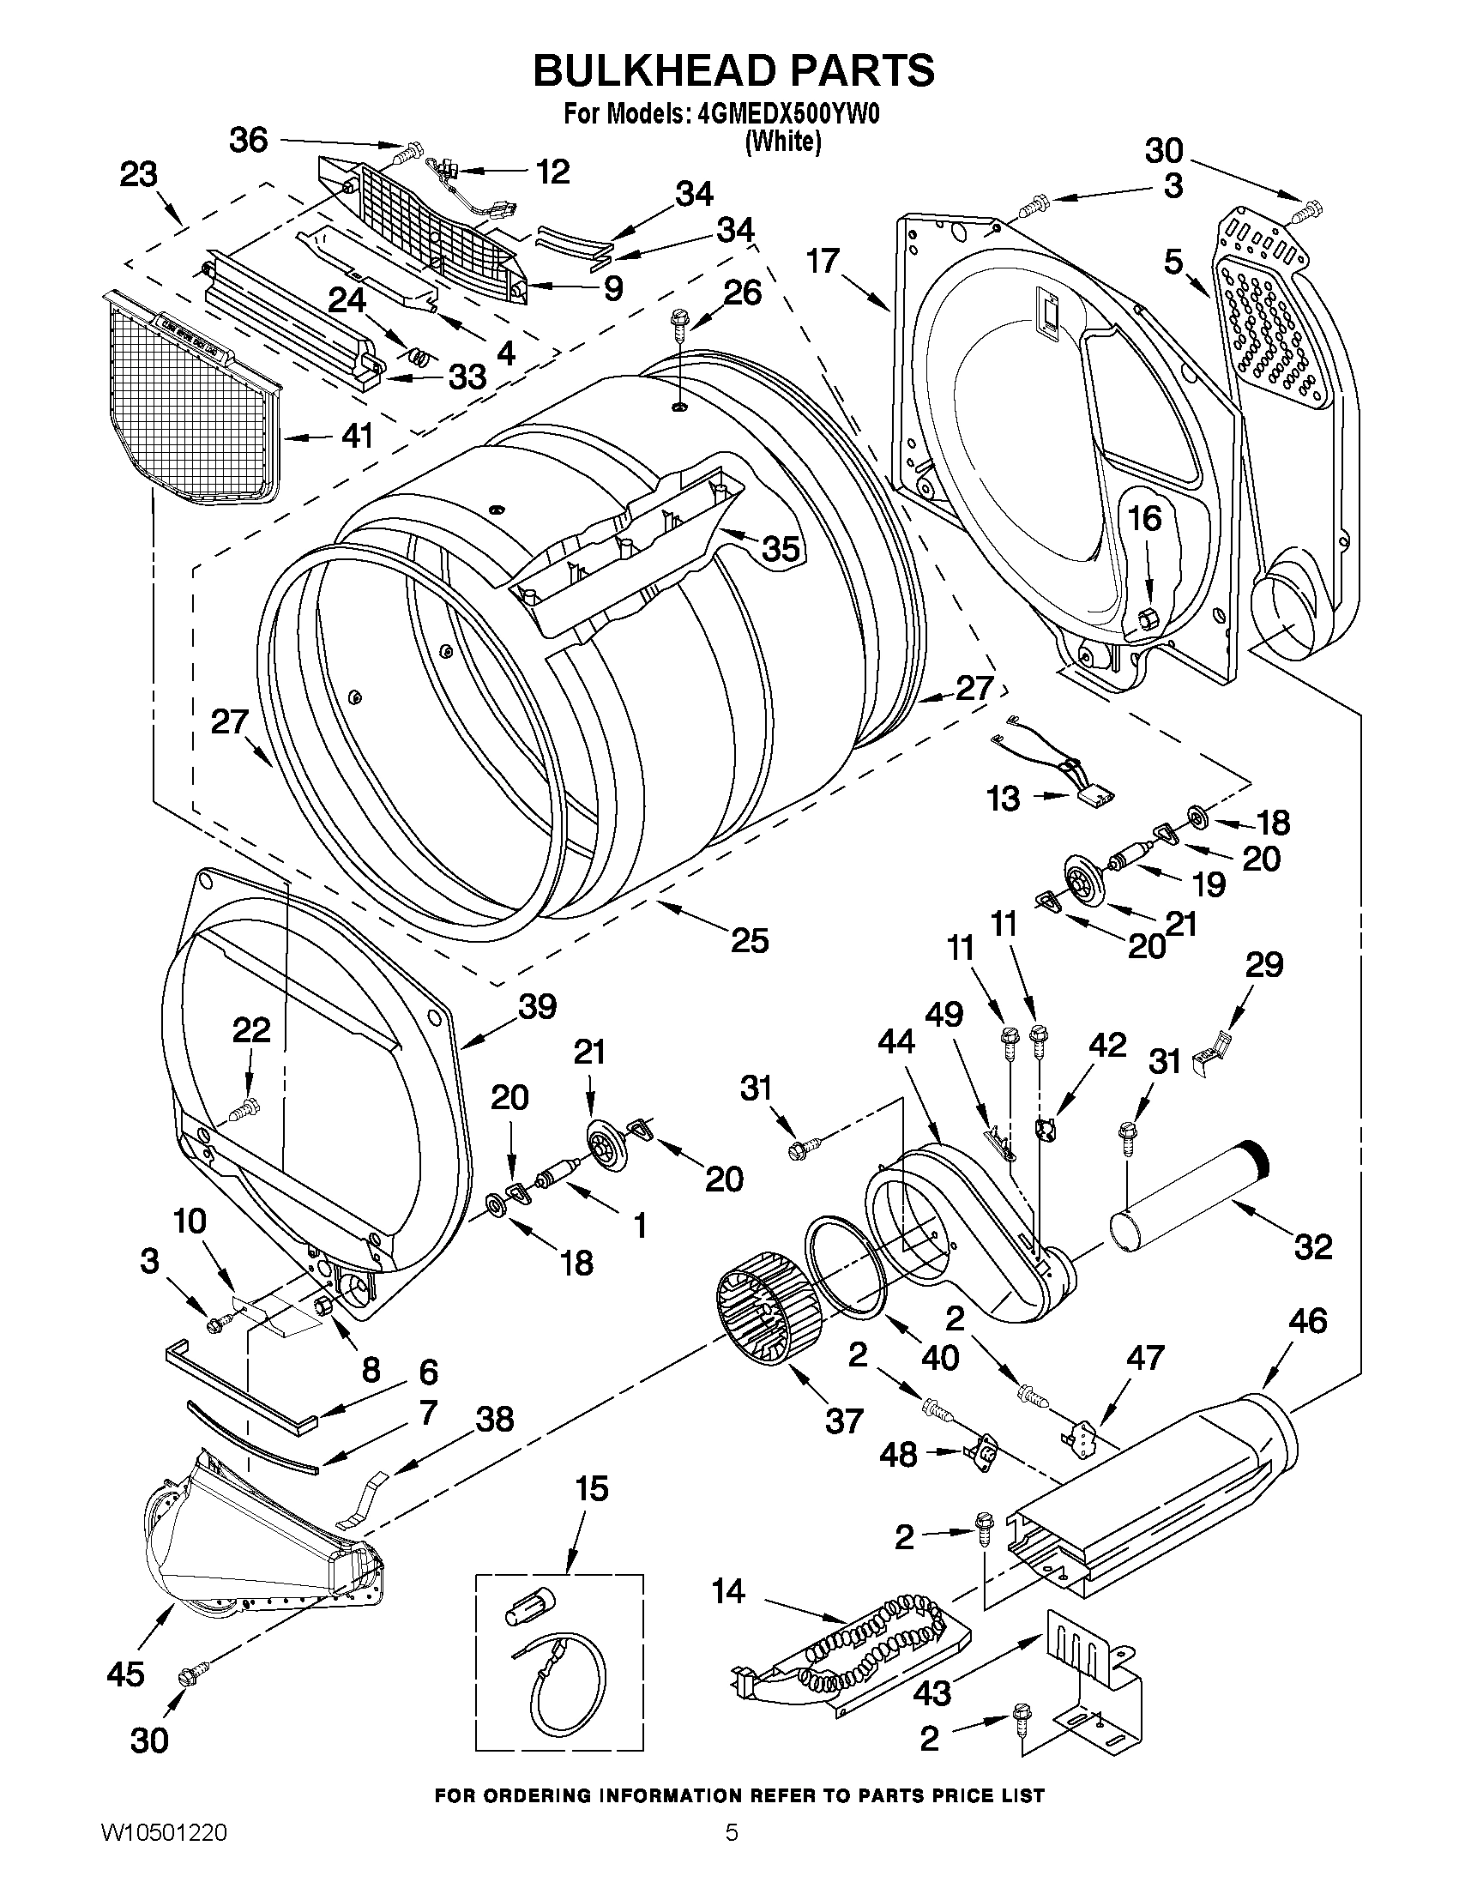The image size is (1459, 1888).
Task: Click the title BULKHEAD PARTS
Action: (733, 70)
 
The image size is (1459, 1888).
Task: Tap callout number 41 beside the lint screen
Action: (357, 436)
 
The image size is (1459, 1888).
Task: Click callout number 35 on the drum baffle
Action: (780, 548)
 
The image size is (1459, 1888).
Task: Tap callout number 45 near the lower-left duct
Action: (125, 1674)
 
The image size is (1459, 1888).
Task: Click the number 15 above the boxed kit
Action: (593, 1488)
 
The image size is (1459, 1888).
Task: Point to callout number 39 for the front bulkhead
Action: (538, 1006)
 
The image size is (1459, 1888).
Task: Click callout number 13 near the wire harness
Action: (1004, 799)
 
